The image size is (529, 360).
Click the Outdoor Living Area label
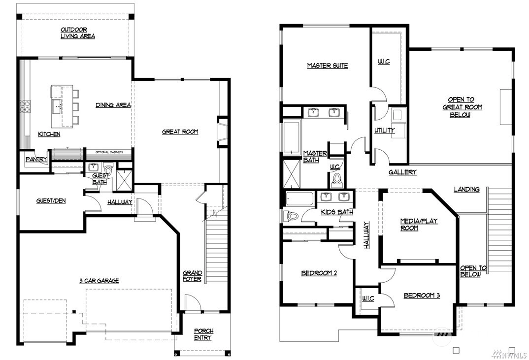point(78,33)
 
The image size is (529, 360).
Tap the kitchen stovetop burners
point(25,106)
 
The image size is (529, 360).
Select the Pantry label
point(36,159)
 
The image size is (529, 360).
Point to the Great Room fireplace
point(222,131)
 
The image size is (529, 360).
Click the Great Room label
point(180,131)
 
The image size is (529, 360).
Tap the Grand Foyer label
point(193,276)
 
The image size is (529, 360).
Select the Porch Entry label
point(203,334)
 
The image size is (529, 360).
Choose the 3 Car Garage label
point(99,280)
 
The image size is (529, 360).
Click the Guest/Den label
point(51,201)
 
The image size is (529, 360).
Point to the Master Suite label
point(328,66)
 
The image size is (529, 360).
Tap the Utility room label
point(385,130)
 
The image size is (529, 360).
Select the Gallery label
point(402,172)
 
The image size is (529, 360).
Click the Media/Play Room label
point(419,225)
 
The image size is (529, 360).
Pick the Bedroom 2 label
point(319,273)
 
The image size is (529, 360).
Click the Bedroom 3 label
point(422,296)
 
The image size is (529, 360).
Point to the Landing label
point(466,189)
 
